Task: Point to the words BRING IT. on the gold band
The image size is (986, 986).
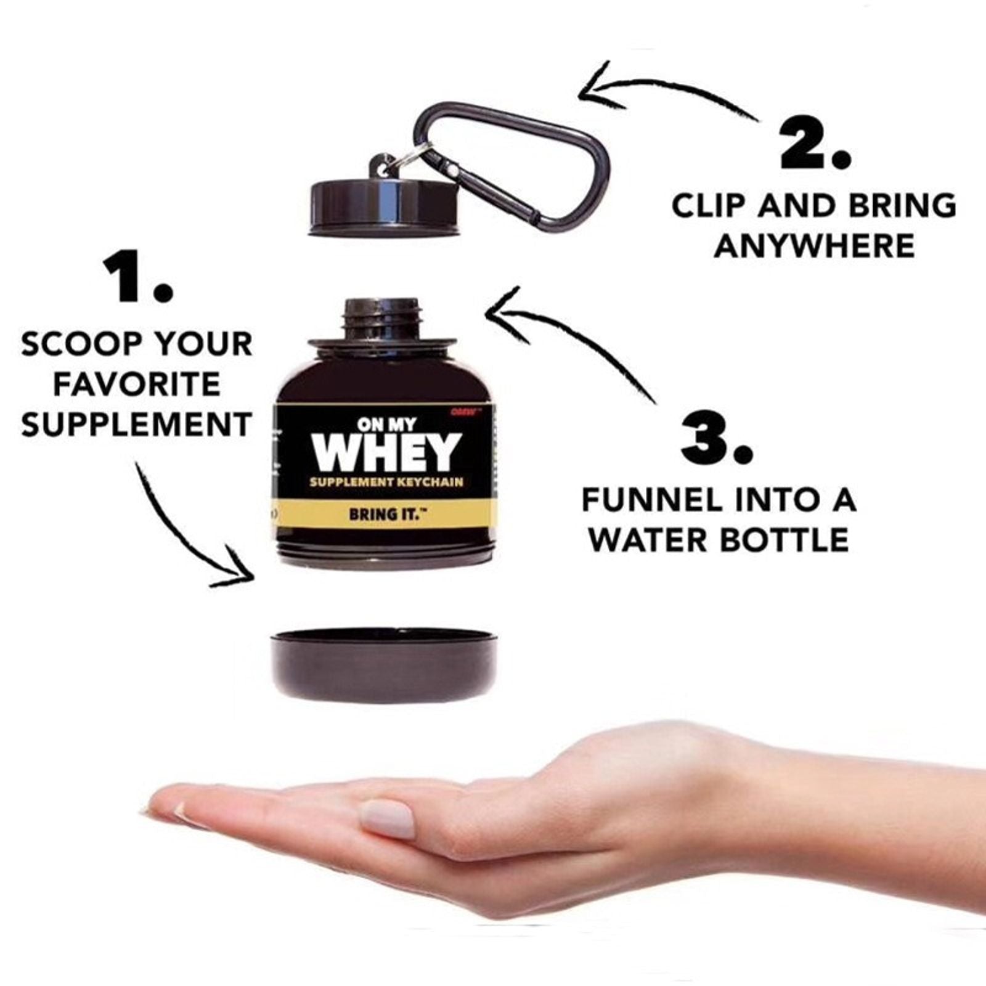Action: (x=387, y=513)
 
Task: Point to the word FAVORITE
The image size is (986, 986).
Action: (x=137, y=385)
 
